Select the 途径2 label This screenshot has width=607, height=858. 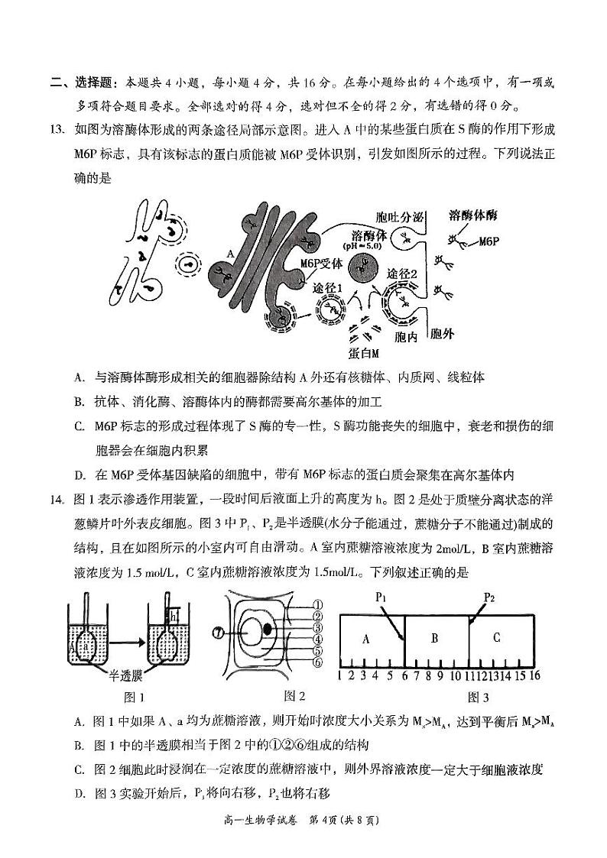pos(402,274)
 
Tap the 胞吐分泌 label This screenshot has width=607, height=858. pos(401,216)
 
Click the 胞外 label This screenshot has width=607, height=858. pos(443,334)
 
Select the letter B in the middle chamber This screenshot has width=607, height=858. pos(433,638)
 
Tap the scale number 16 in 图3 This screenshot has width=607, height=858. pos(535,675)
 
